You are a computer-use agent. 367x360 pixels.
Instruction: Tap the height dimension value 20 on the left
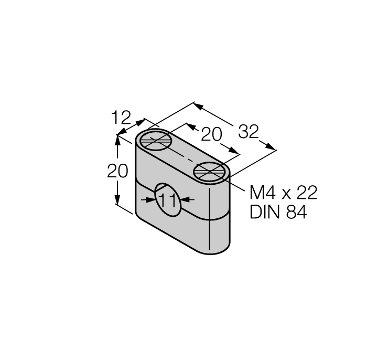pyautogui.click(x=117, y=172)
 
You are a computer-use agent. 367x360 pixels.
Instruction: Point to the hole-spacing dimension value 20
pyautogui.click(x=212, y=135)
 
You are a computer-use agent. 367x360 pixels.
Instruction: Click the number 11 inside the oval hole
pyautogui.click(x=167, y=200)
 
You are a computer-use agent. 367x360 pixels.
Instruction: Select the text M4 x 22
pyautogui.click(x=283, y=193)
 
